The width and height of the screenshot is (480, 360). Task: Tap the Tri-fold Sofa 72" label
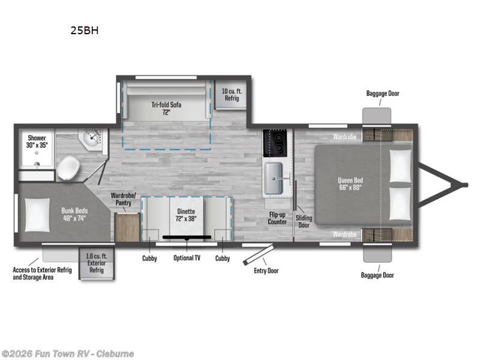[x=166, y=108]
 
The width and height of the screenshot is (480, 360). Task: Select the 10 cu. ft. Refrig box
[x=231, y=94]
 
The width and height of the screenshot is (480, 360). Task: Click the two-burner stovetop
[x=277, y=143]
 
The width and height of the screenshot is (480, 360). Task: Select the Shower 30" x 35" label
[x=37, y=142]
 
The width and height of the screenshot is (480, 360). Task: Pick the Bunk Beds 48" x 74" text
[x=75, y=215]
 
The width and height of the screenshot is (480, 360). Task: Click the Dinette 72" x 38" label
[x=186, y=215]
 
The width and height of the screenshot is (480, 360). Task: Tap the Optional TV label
[x=186, y=258]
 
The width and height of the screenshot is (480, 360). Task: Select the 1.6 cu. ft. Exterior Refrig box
[x=96, y=263]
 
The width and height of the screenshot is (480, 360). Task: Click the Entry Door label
[x=266, y=271]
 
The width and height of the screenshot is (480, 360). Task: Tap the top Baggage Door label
[x=383, y=94]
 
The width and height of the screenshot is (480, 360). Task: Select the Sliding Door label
[x=304, y=221]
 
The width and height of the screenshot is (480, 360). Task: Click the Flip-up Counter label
[x=277, y=218]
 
